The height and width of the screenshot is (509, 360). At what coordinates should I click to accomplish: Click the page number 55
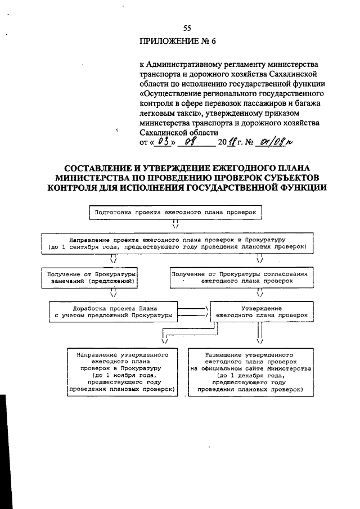click(187, 29)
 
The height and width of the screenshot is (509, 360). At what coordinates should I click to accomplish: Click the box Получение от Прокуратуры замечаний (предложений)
click(89, 277)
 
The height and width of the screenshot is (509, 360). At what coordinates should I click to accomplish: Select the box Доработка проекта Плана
click(110, 312)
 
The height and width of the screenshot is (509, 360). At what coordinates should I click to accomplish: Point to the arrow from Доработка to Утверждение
click(194, 312)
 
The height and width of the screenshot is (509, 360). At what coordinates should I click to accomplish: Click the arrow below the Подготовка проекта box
click(175, 225)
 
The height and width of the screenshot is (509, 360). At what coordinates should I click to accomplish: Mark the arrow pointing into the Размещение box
click(259, 340)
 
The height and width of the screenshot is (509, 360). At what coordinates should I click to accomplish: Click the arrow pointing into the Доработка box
click(113, 292)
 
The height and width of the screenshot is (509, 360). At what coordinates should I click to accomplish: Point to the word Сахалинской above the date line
click(164, 132)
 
